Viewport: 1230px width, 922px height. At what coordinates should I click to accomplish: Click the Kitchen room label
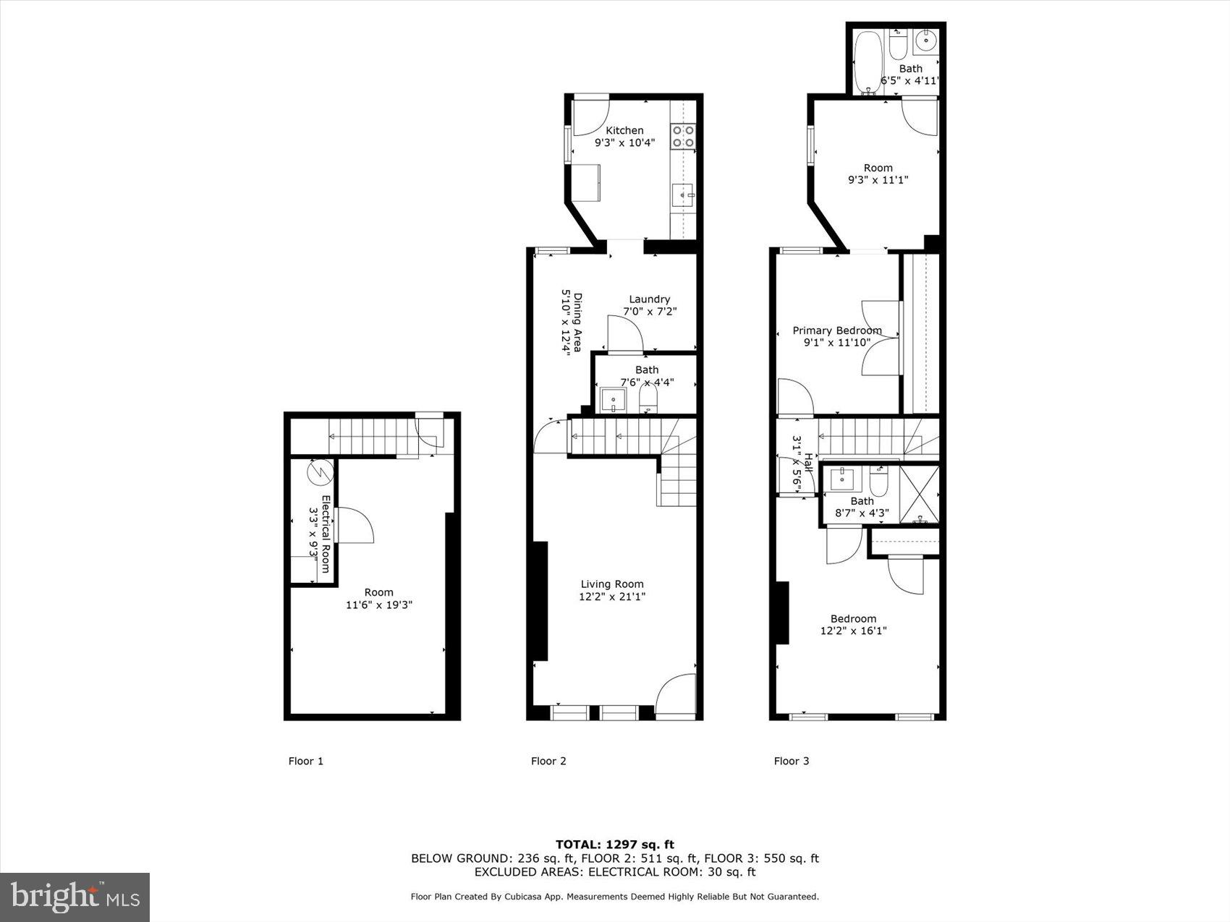624,131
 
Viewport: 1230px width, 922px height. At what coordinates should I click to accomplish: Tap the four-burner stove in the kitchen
683,137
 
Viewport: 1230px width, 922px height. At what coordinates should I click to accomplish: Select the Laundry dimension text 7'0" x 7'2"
650,312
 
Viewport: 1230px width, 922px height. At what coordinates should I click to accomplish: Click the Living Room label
612,584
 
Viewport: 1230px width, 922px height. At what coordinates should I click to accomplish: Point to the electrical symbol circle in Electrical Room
319,472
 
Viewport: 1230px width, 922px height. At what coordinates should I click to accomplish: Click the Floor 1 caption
306,761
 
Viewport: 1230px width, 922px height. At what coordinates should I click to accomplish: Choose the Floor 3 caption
792,761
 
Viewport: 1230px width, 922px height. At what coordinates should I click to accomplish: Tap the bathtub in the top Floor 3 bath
867,61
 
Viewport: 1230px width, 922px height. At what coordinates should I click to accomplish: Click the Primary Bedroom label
837,330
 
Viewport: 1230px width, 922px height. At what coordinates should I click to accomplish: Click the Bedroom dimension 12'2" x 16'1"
853,631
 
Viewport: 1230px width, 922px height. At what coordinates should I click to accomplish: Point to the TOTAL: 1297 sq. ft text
615,844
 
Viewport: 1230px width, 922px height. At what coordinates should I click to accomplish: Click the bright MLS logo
75,897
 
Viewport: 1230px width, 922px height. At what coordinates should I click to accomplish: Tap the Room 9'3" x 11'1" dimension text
878,180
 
